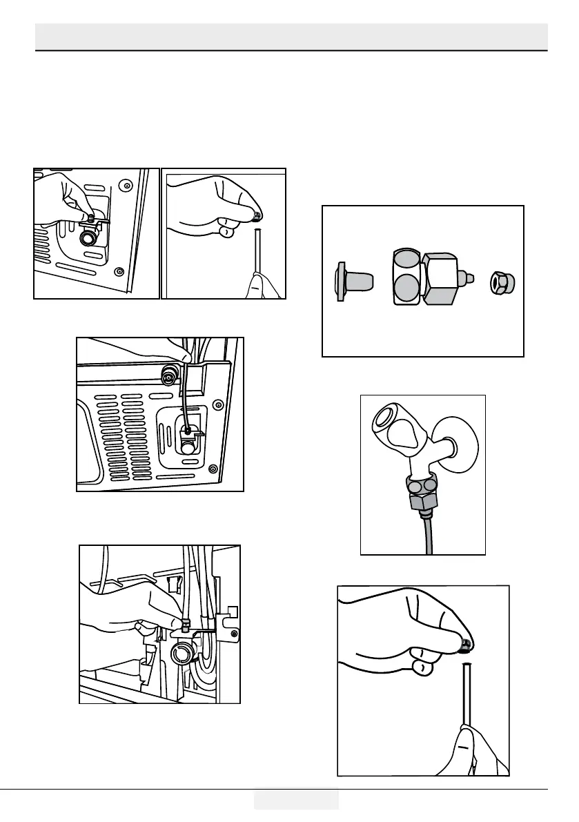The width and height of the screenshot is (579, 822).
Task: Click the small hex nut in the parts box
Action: [504, 282]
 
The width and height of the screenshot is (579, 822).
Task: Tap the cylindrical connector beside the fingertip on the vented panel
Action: [167, 376]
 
